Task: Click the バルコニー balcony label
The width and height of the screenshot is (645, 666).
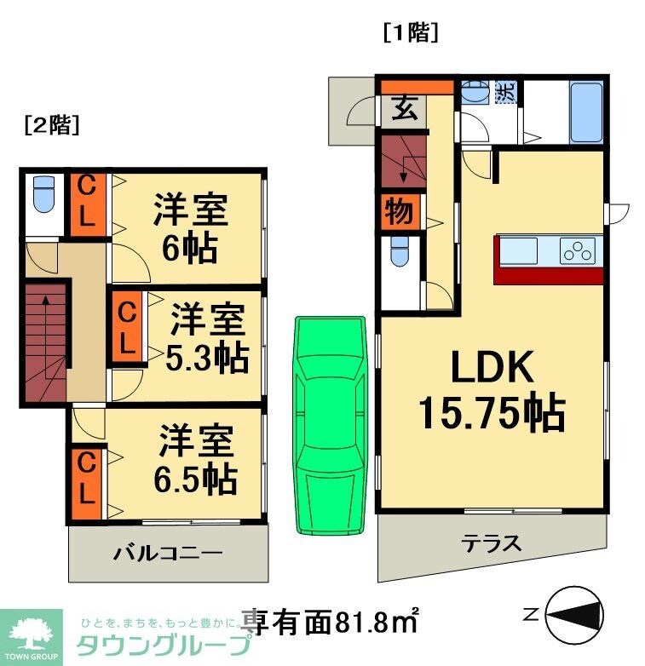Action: [x=168, y=553]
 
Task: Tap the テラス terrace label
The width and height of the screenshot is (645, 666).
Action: [x=491, y=543]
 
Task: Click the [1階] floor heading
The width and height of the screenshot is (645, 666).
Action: [x=411, y=33]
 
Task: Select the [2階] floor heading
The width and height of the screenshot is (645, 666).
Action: [x=52, y=125]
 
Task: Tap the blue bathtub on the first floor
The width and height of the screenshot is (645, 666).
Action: [x=586, y=113]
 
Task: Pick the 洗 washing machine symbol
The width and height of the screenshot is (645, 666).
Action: [x=505, y=91]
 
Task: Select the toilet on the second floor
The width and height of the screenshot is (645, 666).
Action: [x=41, y=195]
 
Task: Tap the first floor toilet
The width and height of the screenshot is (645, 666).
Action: [x=399, y=253]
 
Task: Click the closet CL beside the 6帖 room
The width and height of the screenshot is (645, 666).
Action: [x=86, y=204]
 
